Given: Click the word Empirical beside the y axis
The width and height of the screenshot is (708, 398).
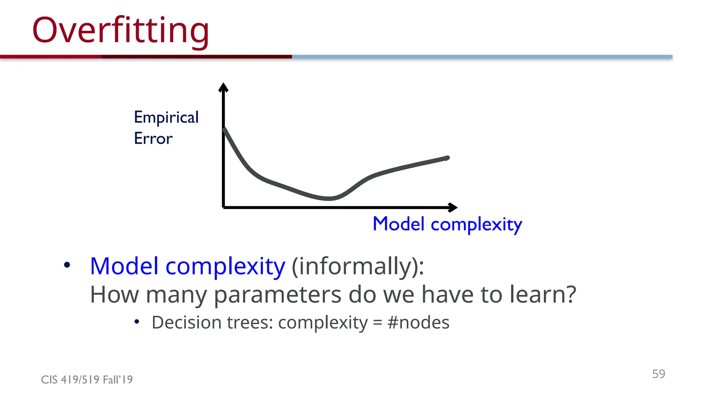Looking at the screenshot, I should point(166,117).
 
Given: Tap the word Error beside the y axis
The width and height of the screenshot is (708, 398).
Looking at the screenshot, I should point(153,139).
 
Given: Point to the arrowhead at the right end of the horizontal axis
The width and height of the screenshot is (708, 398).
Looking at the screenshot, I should point(453,208).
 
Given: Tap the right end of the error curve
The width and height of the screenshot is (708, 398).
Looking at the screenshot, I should point(447,158).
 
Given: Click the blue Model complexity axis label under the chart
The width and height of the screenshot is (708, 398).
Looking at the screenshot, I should point(447,224).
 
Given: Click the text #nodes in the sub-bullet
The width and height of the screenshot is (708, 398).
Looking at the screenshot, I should point(418,323).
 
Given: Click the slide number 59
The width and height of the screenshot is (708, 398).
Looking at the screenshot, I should point(658,374).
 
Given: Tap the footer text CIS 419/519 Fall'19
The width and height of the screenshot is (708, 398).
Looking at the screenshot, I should point(87,380).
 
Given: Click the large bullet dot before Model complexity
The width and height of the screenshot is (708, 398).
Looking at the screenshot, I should point(67,265).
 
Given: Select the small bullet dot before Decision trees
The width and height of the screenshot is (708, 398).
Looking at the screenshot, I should point(137,322).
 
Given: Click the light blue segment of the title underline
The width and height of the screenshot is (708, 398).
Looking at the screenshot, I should point(482,57).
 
